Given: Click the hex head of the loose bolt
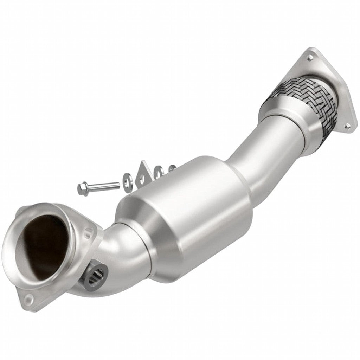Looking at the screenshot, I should (x=81, y=187).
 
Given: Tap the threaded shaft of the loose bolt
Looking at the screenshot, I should (x=104, y=185).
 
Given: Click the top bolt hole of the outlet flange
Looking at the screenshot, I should (x=309, y=55).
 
